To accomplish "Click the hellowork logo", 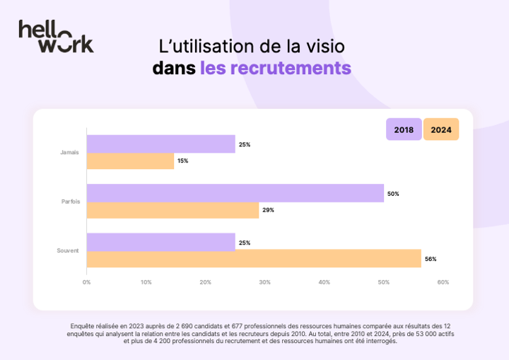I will pyautogui.click(x=56, y=36).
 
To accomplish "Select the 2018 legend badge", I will pyautogui.click(x=404, y=129).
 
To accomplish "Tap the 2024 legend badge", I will pyautogui.click(x=441, y=129).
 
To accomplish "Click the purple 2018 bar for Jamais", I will pyautogui.click(x=160, y=144).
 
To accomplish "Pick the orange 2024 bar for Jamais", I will pyautogui.click(x=130, y=161).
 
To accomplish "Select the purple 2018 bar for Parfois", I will pyautogui.click(x=235, y=193).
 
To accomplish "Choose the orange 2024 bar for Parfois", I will pyautogui.click(x=172, y=210).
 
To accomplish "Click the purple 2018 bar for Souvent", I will pyautogui.click(x=160, y=242).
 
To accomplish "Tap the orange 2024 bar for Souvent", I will pyautogui.click(x=254, y=259).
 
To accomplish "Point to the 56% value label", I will pyautogui.click(x=431, y=259).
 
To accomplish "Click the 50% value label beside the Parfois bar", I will pyautogui.click(x=393, y=194).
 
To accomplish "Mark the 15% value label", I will pyautogui.click(x=182, y=161).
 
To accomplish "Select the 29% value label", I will pyautogui.click(x=268, y=210).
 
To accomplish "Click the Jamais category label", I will pyautogui.click(x=70, y=153).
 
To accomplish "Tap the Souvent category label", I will pyautogui.click(x=68, y=250).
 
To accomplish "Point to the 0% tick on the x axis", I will pyautogui.click(x=86, y=282).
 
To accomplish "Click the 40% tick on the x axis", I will pyautogui.click(x=324, y=282).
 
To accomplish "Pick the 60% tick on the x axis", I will pyautogui.click(x=443, y=282).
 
